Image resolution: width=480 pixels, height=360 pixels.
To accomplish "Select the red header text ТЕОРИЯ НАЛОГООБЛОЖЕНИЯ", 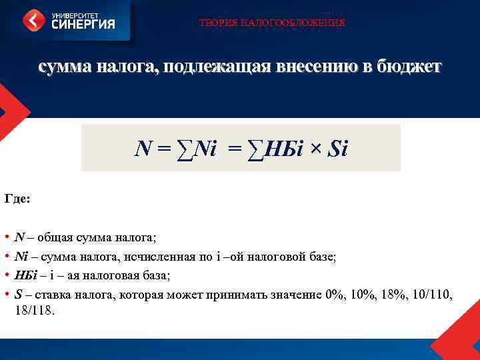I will [272, 23].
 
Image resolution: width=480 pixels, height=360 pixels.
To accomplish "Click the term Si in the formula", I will [339, 148].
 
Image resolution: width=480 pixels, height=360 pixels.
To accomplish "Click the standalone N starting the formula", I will [142, 148].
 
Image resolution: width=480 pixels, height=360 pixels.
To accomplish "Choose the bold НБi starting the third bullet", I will [25, 275].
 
